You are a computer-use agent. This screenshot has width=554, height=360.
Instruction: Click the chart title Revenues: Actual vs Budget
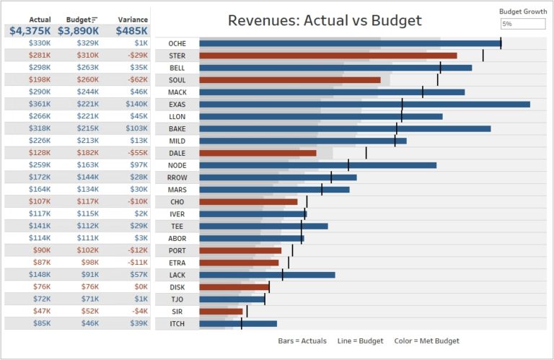tap(325, 20)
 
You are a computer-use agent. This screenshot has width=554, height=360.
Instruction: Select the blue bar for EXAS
tap(364, 105)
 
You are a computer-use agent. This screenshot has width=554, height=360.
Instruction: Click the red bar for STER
tap(327, 56)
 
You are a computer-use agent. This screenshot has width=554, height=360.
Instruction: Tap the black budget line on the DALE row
tap(366, 153)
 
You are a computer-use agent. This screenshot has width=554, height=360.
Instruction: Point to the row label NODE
tap(177, 165)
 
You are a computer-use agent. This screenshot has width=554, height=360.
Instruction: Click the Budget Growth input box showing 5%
tap(523, 24)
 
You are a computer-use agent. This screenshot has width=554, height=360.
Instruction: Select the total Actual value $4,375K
tap(30, 31)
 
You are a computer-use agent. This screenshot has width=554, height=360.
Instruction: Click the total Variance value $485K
tap(132, 31)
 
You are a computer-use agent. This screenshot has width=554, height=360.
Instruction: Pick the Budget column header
tap(79, 19)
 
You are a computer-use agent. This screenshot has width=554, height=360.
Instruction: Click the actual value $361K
tap(40, 105)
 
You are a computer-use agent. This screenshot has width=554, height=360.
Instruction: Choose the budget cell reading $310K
tap(88, 56)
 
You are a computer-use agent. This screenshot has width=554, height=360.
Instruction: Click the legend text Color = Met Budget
tap(426, 341)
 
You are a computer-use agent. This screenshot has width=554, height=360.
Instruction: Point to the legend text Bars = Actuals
tap(302, 341)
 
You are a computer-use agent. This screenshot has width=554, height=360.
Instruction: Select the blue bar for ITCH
tap(238, 324)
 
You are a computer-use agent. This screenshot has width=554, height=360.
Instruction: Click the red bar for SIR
tap(221, 312)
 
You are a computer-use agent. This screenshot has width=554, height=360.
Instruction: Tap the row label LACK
tap(177, 275)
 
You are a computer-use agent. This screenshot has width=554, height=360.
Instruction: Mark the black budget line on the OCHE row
tap(501, 43)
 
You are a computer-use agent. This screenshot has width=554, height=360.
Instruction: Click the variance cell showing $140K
tap(136, 105)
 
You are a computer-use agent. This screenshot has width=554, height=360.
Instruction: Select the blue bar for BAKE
tap(345, 128)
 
